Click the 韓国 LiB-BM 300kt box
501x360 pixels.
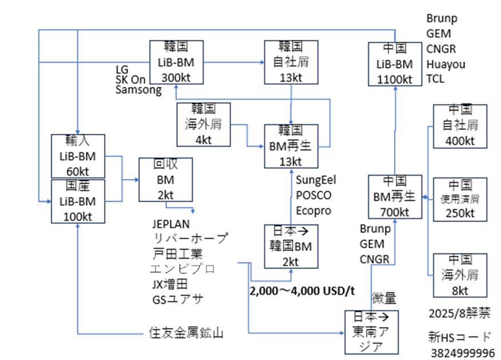[176, 62]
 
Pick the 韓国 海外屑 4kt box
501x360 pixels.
[204, 124]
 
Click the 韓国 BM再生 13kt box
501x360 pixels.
[291, 145]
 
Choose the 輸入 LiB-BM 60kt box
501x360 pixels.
[78, 156]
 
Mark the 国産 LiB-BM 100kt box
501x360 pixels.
[78, 200]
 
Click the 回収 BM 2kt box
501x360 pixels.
[166, 180]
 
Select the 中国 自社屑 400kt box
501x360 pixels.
[460, 125]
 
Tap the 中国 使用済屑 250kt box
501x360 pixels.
[460, 199]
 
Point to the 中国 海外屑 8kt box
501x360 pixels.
[460, 275]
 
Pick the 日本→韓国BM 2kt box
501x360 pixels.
[291, 247]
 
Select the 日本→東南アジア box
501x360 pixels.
[371, 332]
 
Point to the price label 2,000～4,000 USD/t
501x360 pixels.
[302, 291]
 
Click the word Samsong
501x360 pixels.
[138, 89]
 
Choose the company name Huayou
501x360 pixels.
[446, 64]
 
